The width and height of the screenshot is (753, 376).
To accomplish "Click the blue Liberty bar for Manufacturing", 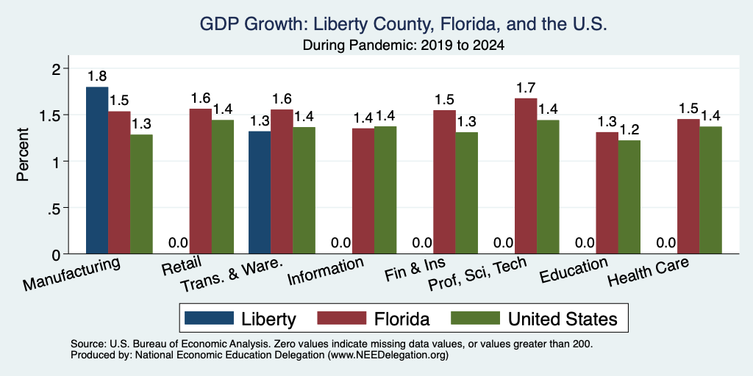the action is click(97, 170).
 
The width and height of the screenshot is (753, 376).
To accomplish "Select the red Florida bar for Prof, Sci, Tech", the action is click(526, 176).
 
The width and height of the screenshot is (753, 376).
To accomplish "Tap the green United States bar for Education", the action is click(629, 197).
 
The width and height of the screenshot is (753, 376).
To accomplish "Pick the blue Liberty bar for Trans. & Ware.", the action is click(260, 192).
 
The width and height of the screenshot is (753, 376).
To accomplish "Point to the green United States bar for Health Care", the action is click(710, 190).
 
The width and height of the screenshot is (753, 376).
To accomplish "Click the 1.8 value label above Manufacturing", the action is click(97, 76).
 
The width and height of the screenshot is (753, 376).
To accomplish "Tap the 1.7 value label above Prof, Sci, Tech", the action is click(526, 88).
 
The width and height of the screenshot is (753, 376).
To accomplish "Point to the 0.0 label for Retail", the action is click(178, 243).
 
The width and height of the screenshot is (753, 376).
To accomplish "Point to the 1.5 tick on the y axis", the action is click(56, 115).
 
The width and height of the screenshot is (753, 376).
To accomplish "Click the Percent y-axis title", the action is click(23, 154).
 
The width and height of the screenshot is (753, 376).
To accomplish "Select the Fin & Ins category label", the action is click(415, 270).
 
